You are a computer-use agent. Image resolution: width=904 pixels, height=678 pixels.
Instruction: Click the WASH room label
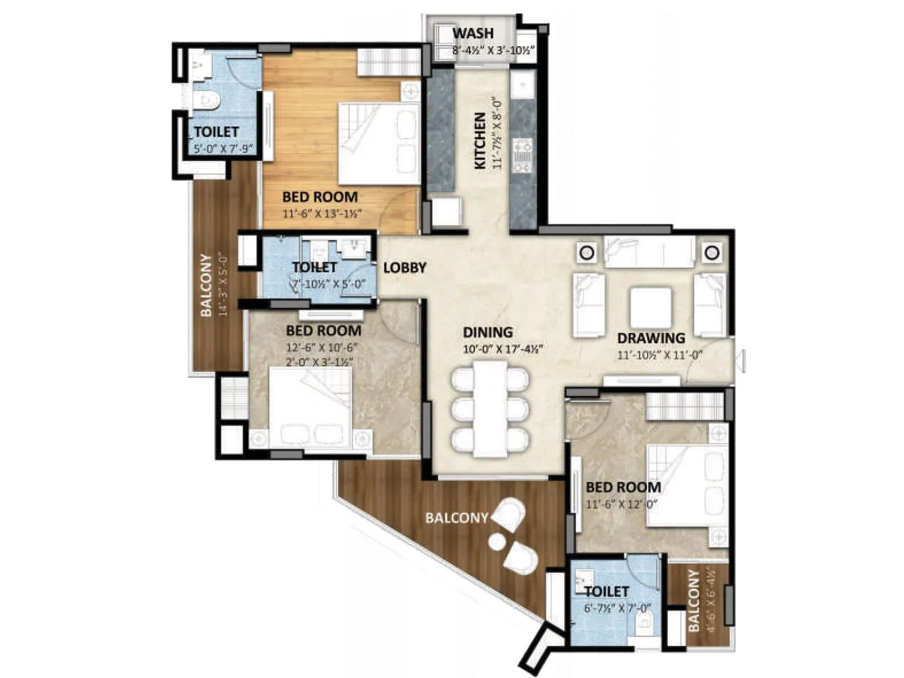coord(472,33)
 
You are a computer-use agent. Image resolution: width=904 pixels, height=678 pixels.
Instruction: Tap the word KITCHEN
coord(480,140)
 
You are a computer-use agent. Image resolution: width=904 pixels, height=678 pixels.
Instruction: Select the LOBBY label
coord(405,268)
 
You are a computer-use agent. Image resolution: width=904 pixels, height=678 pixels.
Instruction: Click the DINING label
coord(488,332)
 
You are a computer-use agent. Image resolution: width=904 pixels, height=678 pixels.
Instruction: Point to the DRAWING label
coord(651,338)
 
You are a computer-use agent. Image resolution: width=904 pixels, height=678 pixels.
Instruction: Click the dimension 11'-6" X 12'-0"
coord(621,505)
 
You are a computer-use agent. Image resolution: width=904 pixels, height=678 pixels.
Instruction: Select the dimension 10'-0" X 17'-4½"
coord(502,349)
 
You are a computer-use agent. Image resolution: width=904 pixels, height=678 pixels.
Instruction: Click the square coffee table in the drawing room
coord(651,308)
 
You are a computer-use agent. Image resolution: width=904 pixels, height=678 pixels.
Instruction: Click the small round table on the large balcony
coord(497,542)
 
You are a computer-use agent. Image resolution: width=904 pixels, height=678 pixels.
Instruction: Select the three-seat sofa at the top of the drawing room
coord(649,252)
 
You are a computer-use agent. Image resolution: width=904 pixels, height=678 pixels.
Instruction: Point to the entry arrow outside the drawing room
coord(742,360)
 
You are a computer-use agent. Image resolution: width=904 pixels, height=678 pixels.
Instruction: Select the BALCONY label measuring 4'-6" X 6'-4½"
coord(694,601)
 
